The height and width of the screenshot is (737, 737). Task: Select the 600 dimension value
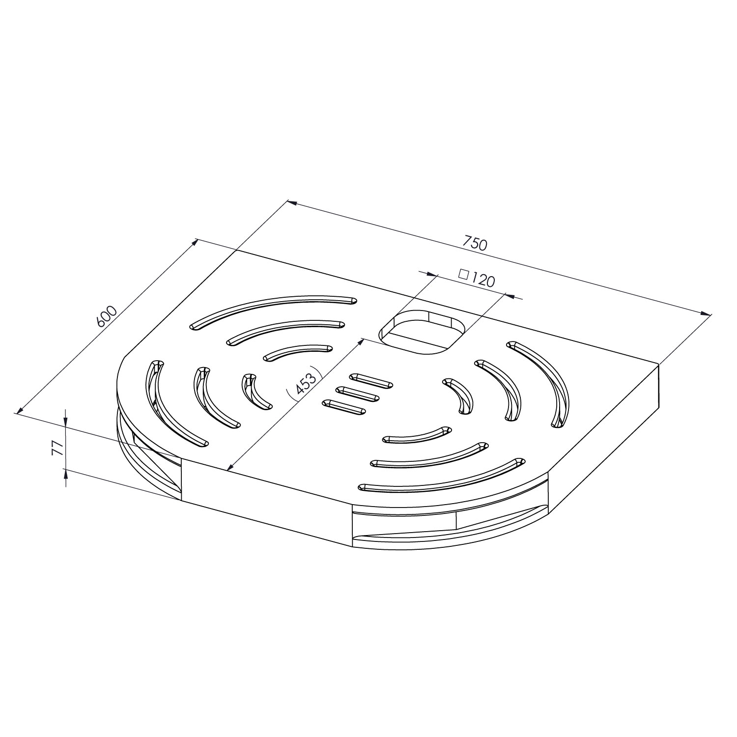pyautogui.click(x=106, y=316)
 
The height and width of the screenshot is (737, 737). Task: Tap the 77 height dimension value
pyautogui.click(x=57, y=448)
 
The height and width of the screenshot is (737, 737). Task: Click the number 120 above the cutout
pyautogui.click(x=482, y=280)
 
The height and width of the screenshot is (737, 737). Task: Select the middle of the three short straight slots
pyautogui.click(x=357, y=394)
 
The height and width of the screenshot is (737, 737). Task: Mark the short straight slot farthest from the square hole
pyautogui.click(x=343, y=407)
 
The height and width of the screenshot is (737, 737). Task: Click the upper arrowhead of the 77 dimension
pyautogui.click(x=66, y=423)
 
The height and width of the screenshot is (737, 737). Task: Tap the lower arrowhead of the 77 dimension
pyautogui.click(x=66, y=474)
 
